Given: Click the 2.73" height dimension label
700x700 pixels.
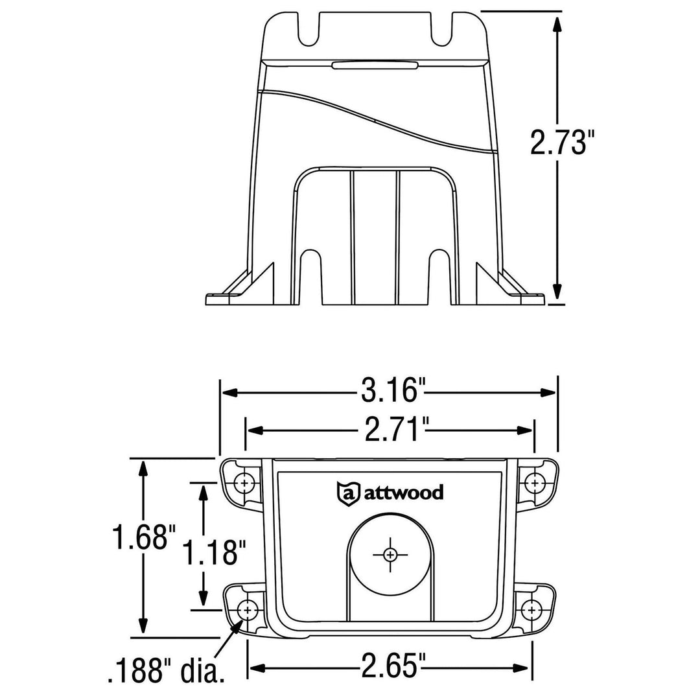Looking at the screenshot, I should [x=561, y=143].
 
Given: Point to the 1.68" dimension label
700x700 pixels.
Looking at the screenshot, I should [x=144, y=539].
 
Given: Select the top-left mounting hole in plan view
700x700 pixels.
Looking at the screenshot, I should [x=244, y=482].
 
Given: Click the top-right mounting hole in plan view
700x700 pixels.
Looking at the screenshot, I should [x=534, y=482].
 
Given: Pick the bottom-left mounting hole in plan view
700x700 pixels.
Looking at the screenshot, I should [x=247, y=609].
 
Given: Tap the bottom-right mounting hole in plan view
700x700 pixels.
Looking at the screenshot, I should [x=531, y=609].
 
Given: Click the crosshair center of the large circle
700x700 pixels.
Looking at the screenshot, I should [x=390, y=554].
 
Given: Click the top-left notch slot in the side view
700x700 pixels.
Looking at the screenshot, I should [x=310, y=31].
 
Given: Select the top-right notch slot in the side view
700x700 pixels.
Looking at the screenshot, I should [x=441, y=31].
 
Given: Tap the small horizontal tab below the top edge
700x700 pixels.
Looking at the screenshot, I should [x=374, y=64].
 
